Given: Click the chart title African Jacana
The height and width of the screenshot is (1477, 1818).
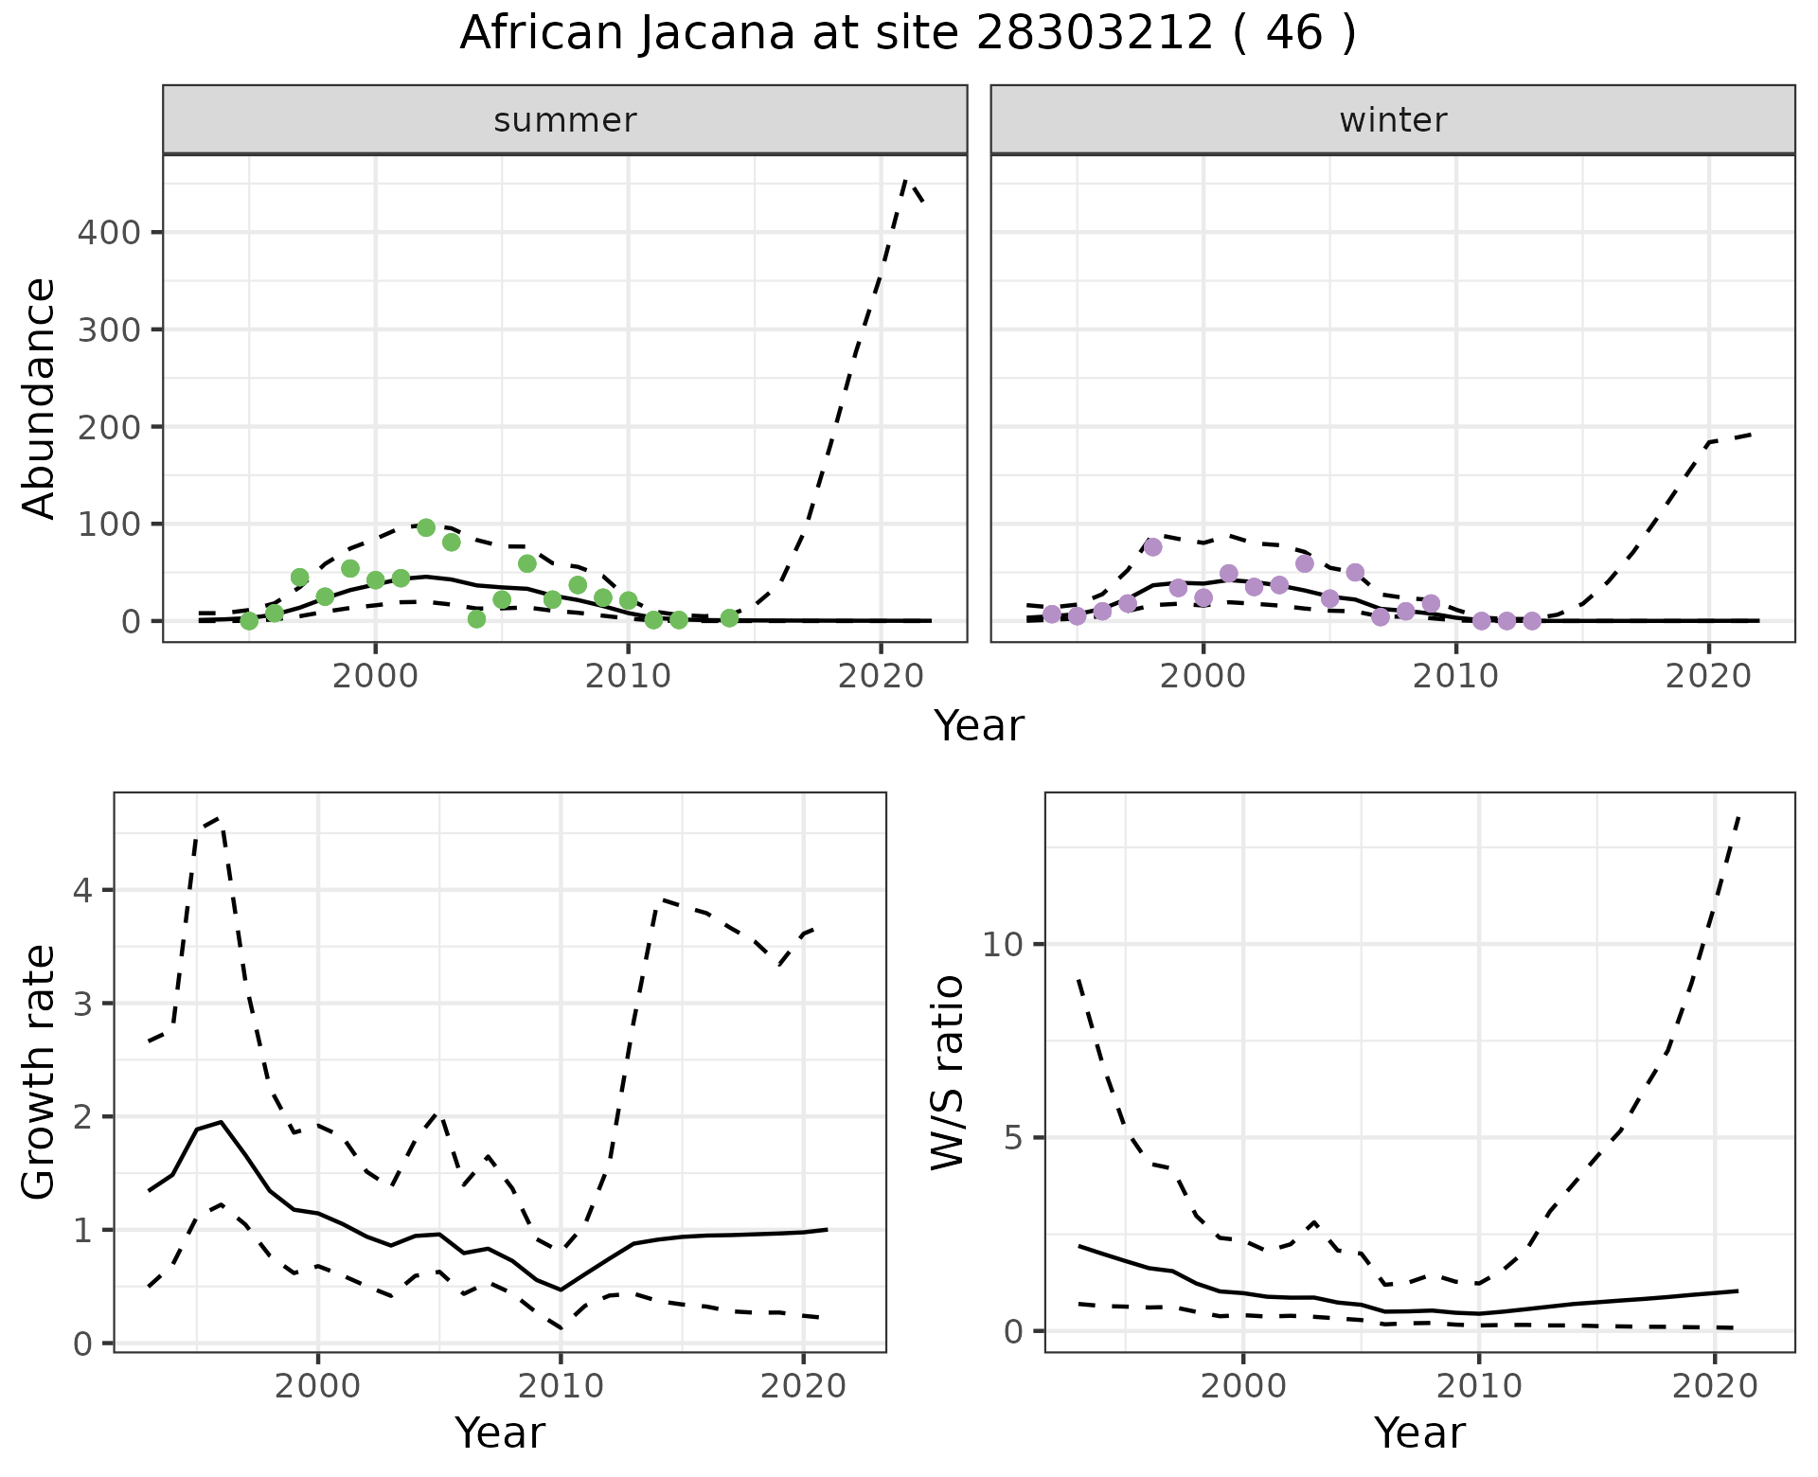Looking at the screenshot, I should pyautogui.click(x=907, y=34).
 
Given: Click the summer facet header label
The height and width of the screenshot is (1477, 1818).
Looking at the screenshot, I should pyautogui.click(x=565, y=120).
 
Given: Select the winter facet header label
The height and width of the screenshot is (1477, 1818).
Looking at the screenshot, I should pyautogui.click(x=1393, y=120).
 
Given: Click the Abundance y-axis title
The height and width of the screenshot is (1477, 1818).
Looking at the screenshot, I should pyautogui.click(x=39, y=398).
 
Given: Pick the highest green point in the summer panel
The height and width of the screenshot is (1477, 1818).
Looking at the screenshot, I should pyautogui.click(x=426, y=527).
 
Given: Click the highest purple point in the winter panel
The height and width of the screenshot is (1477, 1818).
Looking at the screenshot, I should pyautogui.click(x=1152, y=546).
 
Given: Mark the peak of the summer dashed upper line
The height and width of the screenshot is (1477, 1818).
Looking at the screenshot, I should pyautogui.click(x=905, y=178).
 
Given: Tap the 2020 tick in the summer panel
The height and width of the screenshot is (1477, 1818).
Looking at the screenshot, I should pyautogui.click(x=881, y=677).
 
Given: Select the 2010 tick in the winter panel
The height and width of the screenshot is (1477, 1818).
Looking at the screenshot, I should pyautogui.click(x=1456, y=677).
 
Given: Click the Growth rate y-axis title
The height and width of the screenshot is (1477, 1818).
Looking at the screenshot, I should pyautogui.click(x=39, y=1073).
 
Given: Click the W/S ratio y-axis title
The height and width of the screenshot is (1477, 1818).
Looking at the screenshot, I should pyautogui.click(x=947, y=1073).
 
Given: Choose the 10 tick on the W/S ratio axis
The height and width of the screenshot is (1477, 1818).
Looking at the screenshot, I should pyautogui.click(x=1004, y=945).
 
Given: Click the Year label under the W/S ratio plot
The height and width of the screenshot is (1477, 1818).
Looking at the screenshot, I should pyautogui.click(x=1419, y=1433).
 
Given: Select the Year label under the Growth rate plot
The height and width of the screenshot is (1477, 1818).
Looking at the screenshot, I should pyautogui.click(x=500, y=1433).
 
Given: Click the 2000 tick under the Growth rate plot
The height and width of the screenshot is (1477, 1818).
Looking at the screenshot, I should pyautogui.click(x=318, y=1387).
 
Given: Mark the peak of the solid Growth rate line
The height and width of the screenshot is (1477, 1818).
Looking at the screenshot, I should pyautogui.click(x=221, y=1122).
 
